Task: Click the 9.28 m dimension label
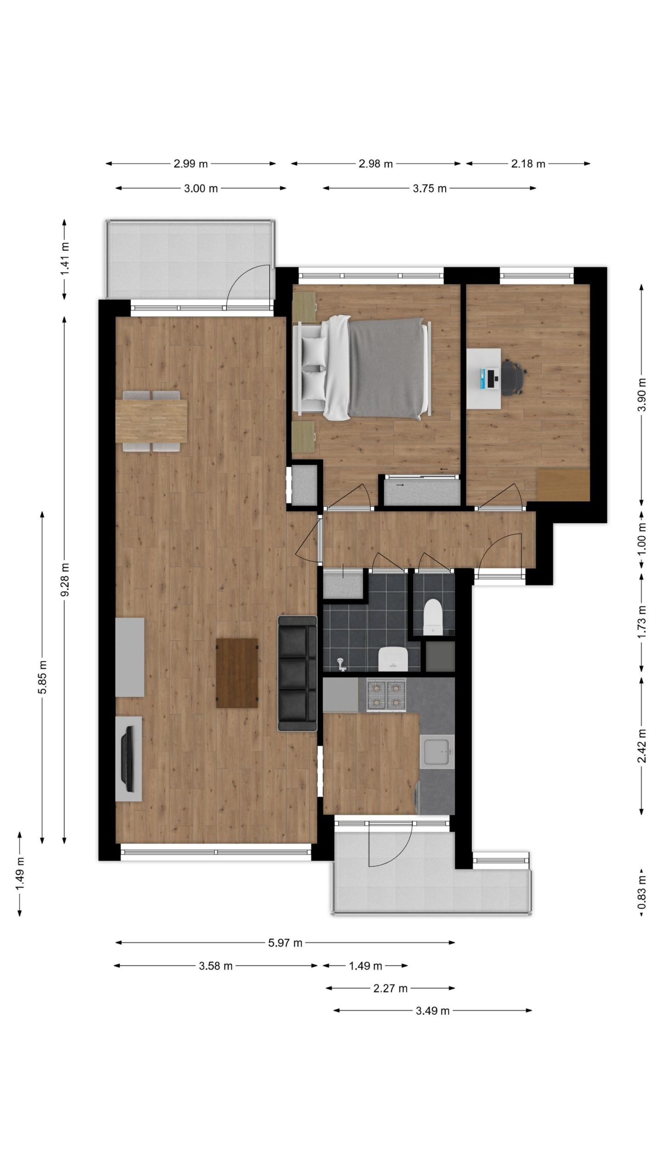[65, 580]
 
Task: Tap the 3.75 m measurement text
[430, 188]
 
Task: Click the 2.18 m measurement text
[528, 164]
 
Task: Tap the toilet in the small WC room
[433, 617]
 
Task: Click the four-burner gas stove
[386, 695]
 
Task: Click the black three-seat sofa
[297, 673]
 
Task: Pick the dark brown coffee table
[237, 673]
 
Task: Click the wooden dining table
[151, 421]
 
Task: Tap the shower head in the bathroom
[341, 663]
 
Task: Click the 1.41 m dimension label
[65, 259]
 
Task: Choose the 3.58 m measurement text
[216, 966]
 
